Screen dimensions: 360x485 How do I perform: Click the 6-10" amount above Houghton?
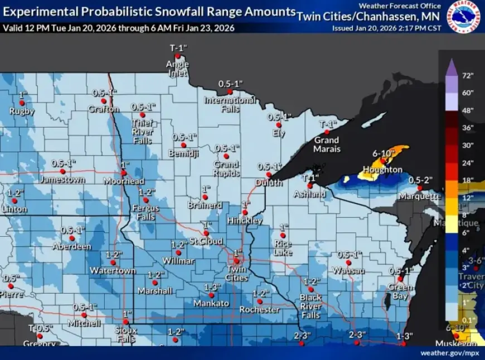[384, 153]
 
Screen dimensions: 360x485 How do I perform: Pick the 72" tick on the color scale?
[467, 75]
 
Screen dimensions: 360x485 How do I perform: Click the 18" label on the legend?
[467, 180]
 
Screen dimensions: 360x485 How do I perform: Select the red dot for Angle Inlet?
[177, 56]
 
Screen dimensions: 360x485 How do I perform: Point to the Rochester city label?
[259, 309]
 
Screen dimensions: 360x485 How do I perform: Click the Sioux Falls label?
[127, 335]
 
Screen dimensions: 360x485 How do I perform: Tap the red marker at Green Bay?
[400, 279]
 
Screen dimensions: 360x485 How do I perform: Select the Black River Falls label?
[311, 306]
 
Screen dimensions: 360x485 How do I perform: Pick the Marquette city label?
[419, 196]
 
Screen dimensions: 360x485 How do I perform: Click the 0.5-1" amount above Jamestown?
[63, 163]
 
